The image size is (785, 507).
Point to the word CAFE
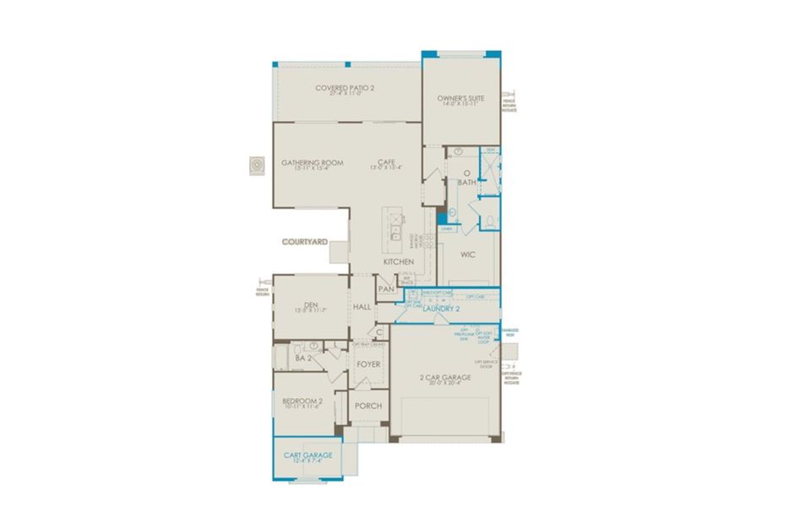pyautogui.click(x=387, y=162)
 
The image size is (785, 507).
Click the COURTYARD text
pyautogui.click(x=304, y=242)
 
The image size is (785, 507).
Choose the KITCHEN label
pyautogui.click(x=398, y=262)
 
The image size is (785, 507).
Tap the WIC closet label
pyautogui.click(x=469, y=253)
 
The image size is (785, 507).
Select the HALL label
pyautogui.click(x=363, y=307)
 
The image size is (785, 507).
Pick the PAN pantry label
pyautogui.click(x=386, y=289)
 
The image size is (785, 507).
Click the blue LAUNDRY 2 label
pyautogui.click(x=440, y=309)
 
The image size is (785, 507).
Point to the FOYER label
pyautogui.click(x=368, y=364)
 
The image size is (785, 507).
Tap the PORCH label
pyautogui.click(x=368, y=406)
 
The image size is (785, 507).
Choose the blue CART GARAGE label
pyautogui.click(x=308, y=455)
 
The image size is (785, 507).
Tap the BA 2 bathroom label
pyautogui.click(x=303, y=358)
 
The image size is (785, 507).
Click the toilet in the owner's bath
pyautogui.click(x=491, y=221)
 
